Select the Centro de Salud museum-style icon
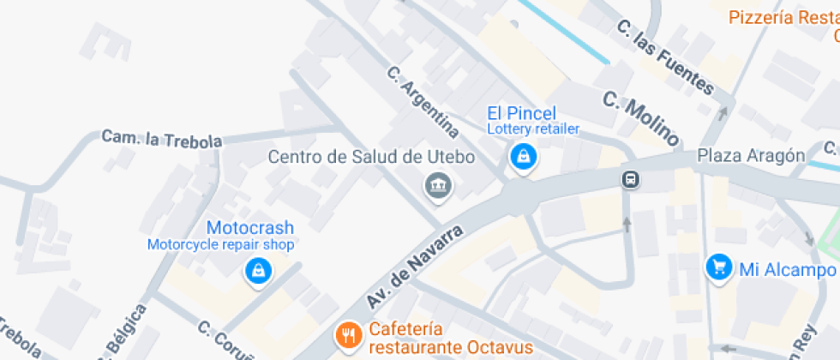(x=438, y=183)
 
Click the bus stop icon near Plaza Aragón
(x=631, y=179)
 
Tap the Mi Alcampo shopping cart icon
(x=717, y=267)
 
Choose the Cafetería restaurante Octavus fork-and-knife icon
(x=348, y=335)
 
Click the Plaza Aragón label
(x=750, y=155)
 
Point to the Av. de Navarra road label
(x=415, y=268)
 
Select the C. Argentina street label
(x=423, y=103)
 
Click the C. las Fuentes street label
(x=665, y=57)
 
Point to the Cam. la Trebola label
(x=161, y=139)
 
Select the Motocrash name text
(x=250, y=228)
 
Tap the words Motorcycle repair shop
(x=221, y=245)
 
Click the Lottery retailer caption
(x=533, y=129)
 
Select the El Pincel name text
(x=521, y=113)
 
